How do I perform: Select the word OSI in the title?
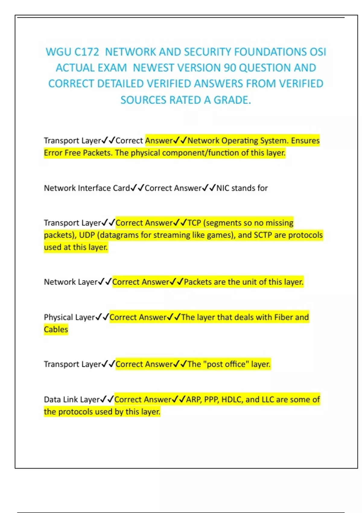(x=318, y=52)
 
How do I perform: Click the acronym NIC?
(x=223, y=188)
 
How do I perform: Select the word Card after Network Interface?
(x=121, y=188)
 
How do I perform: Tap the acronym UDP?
(x=87, y=235)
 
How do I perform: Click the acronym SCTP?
(x=263, y=235)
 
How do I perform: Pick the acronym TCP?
(x=194, y=223)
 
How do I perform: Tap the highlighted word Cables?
(x=56, y=329)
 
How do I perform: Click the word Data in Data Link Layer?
(x=52, y=400)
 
